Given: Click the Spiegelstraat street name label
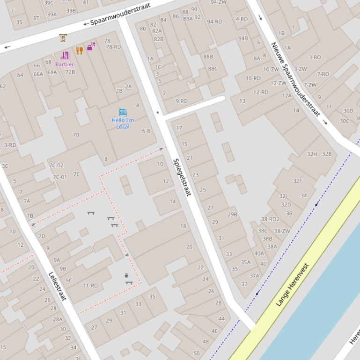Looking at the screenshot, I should coord(182,178).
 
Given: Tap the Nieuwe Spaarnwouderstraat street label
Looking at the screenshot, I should coord(295,79).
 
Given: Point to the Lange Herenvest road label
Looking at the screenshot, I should coord(293,285).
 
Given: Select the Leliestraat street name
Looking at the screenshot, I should coord(58,286).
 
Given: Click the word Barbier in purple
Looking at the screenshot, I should coord(65,64).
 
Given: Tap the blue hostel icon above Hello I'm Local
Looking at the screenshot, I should coord(123,112).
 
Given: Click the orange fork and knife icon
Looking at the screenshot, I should coord(80,50).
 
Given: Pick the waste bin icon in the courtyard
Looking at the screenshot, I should coord(126,276).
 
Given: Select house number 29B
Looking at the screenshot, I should coord(232,215).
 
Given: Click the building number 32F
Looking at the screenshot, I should coord(298,181).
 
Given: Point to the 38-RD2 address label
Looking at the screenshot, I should coord(270,219).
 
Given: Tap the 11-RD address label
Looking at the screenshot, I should coord(90,286).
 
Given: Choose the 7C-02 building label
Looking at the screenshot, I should coord(56,166).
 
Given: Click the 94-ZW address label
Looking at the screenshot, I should coord(219,2).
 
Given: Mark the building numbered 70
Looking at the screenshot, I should coord(76,135).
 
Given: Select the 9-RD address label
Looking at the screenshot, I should coord(182,101).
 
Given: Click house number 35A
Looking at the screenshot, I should coord(246,262).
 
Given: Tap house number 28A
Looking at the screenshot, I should coord(58,319).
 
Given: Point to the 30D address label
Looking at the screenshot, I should coord(348,111).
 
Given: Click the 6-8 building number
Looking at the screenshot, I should coord(146,131).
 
